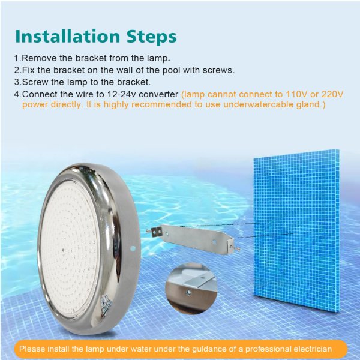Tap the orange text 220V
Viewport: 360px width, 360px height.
click(x=331, y=94)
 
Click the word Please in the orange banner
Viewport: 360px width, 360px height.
click(x=32, y=349)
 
